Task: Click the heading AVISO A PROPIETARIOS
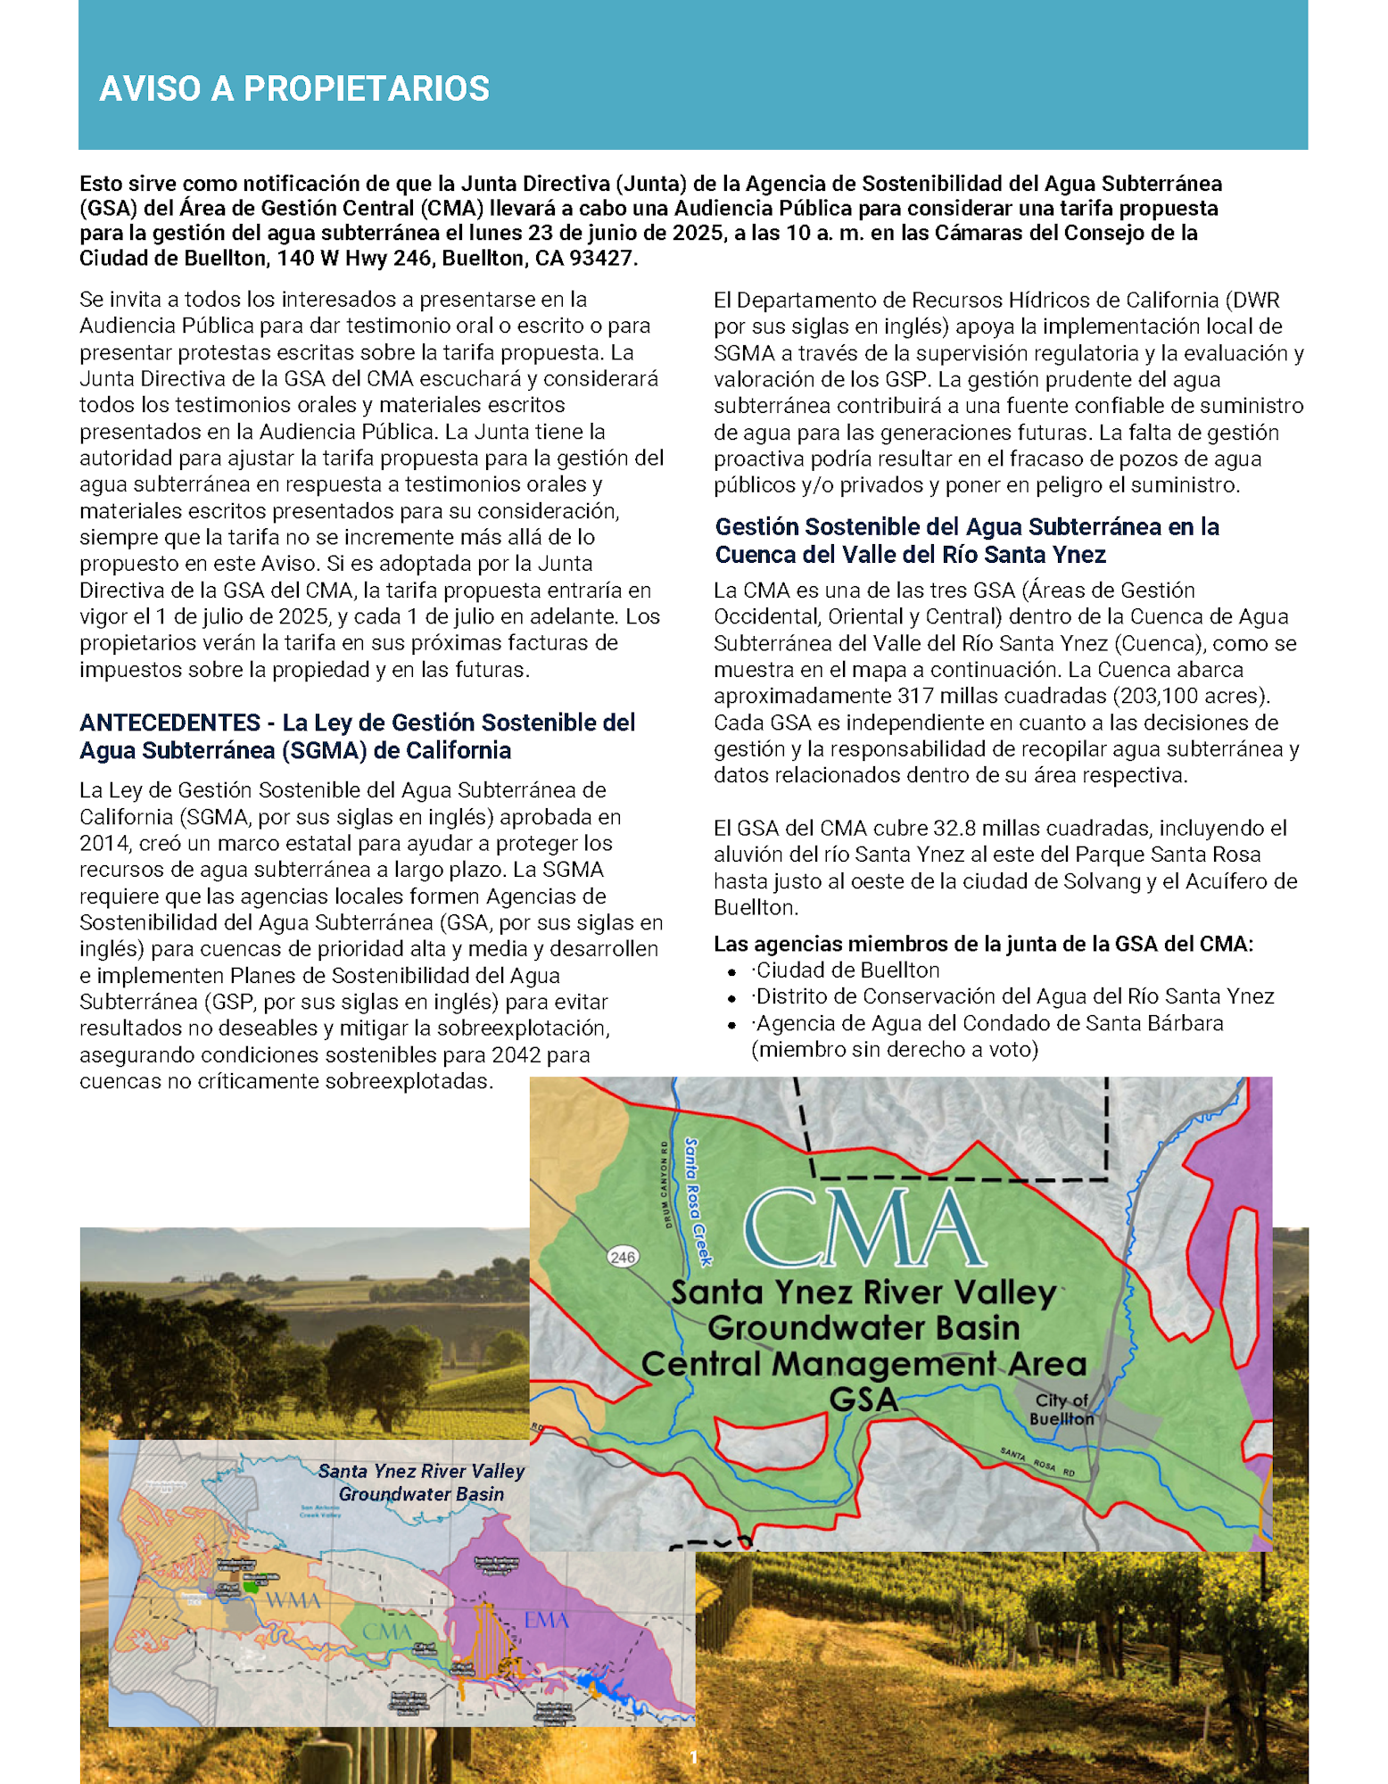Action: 294,89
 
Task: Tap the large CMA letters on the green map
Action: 863,1228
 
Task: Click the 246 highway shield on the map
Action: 622,1257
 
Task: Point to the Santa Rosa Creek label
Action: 698,1201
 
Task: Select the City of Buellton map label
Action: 1061,1409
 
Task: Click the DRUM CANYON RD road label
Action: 665,1184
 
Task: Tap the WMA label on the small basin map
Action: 293,1600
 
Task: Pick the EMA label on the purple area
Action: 546,1619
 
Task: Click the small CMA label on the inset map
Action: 386,1631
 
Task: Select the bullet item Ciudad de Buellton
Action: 847,970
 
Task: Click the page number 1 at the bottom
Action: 694,1757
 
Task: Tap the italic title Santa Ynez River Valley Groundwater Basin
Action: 421,1482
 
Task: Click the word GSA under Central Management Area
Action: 863,1400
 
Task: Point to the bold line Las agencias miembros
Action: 983,944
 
